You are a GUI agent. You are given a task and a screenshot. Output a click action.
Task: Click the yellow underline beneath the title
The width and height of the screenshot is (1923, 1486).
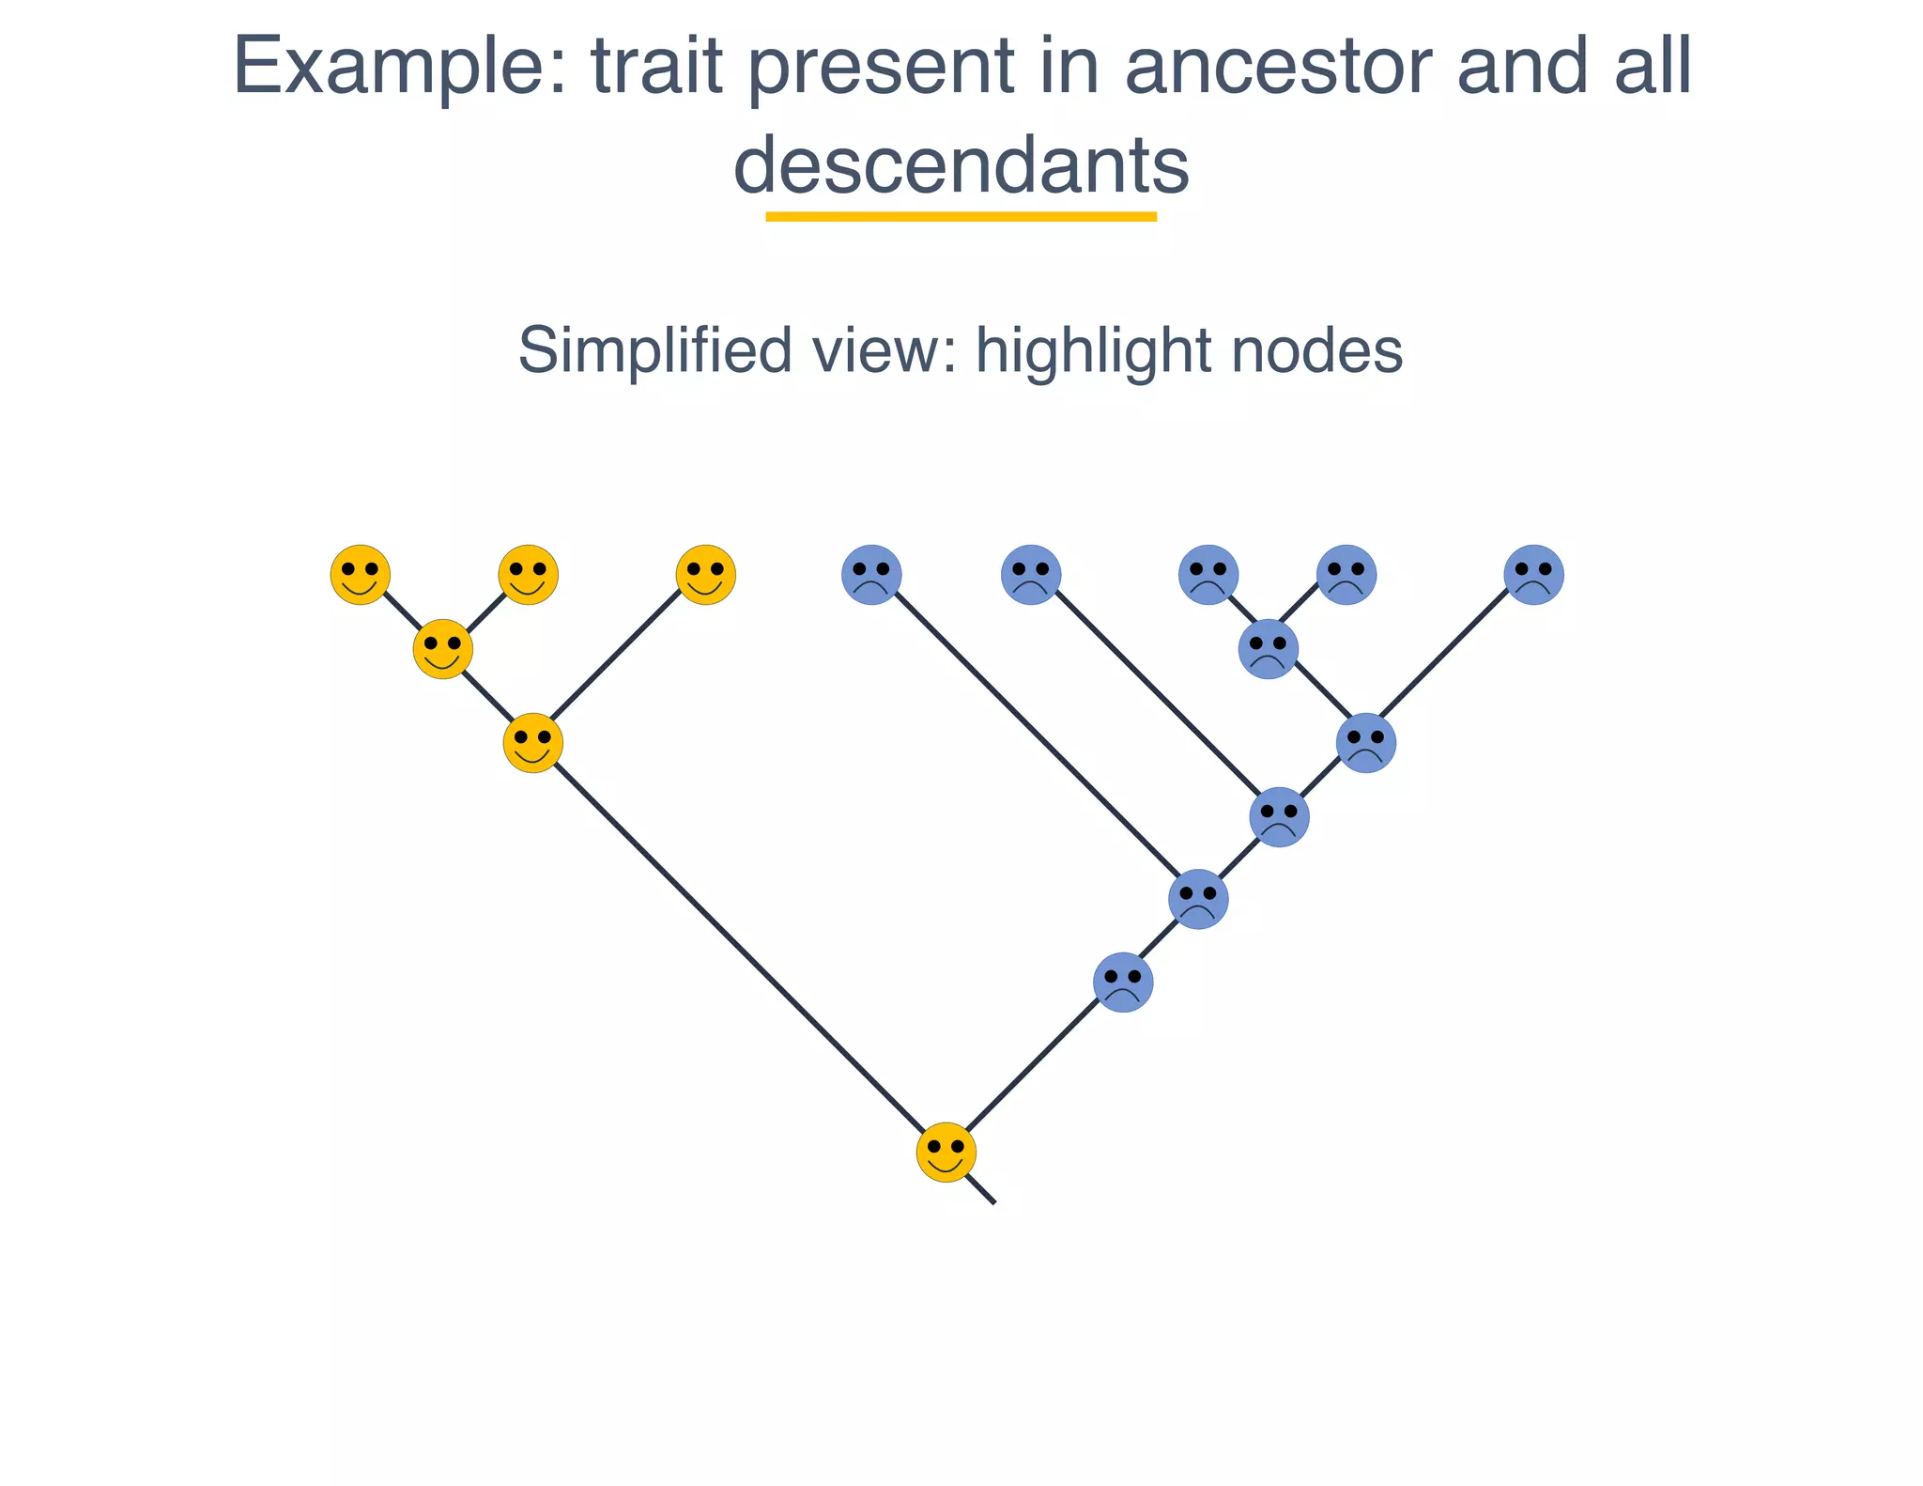[961, 217]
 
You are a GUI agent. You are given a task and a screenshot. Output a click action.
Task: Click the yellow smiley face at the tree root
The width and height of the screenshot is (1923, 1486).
[946, 1152]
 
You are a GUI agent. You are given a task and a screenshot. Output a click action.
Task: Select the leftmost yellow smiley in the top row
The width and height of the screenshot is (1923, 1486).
[360, 574]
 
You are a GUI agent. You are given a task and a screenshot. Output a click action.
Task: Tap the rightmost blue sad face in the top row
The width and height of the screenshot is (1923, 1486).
[1533, 574]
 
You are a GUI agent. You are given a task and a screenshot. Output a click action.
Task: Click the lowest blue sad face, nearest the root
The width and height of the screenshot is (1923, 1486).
[1123, 983]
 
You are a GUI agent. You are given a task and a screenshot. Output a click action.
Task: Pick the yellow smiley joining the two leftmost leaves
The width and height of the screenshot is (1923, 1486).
[442, 648]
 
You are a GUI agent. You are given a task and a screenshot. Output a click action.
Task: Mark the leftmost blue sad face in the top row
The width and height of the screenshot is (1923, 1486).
[871, 574]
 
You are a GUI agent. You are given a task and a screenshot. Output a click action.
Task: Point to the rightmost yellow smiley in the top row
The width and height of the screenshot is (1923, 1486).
[705, 574]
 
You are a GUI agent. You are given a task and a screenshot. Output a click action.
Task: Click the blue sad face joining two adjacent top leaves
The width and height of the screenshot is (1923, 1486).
[1269, 648]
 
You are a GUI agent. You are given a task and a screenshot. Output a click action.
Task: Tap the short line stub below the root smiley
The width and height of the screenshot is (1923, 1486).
[984, 1191]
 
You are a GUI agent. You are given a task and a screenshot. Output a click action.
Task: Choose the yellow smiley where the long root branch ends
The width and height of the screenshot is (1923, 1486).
[532, 743]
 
